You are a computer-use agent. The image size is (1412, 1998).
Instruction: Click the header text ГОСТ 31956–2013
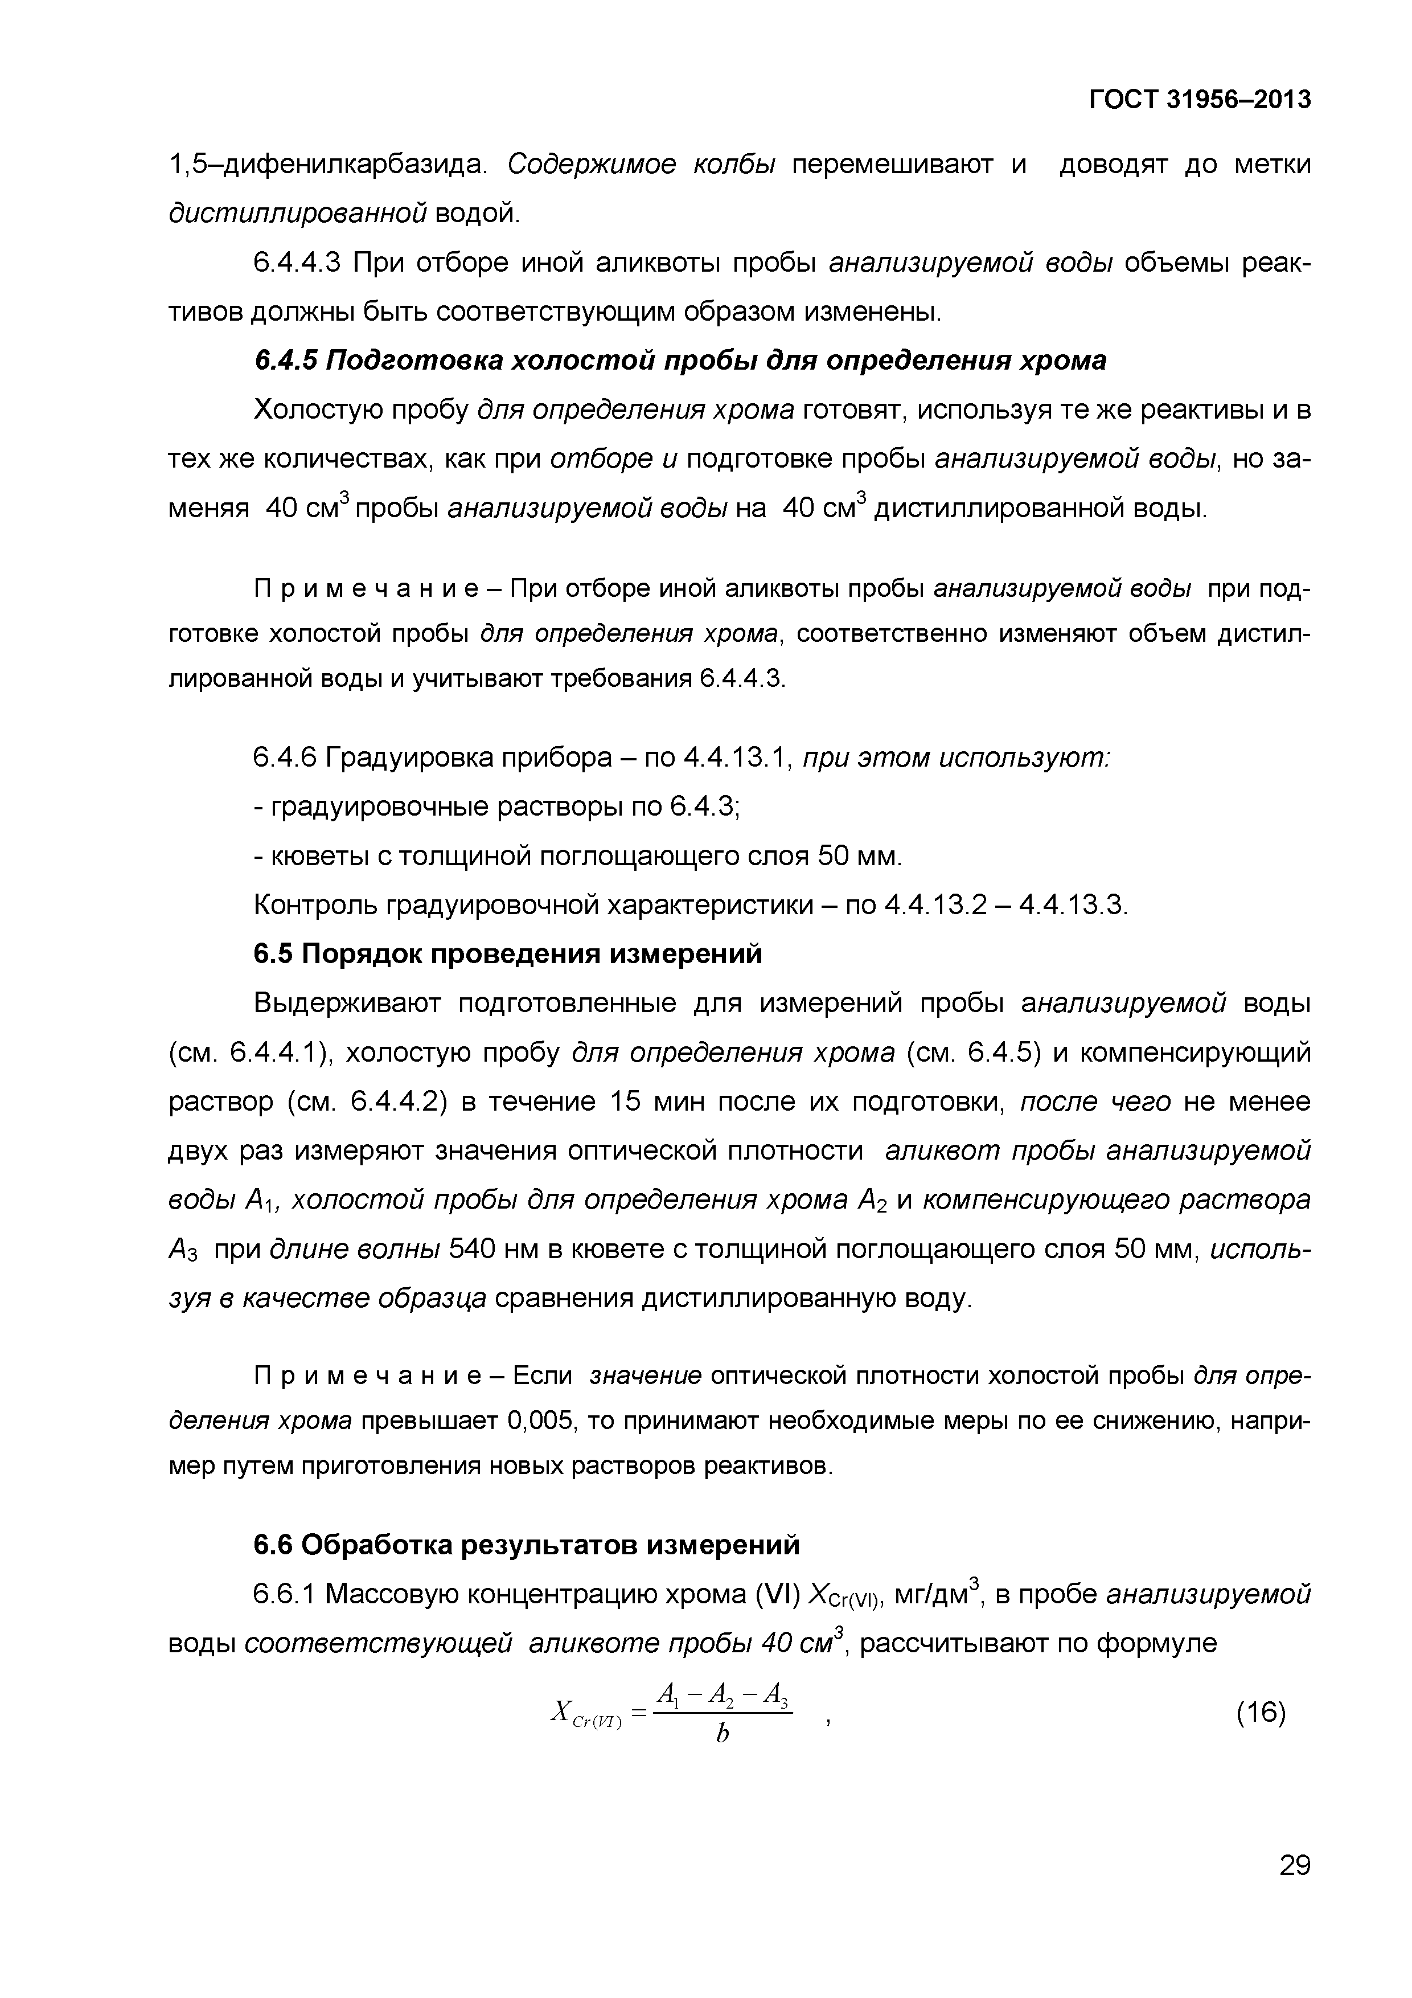click(1200, 101)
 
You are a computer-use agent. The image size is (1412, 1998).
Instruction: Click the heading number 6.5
click(272, 955)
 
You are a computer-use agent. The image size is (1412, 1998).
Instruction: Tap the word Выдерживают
click(347, 1004)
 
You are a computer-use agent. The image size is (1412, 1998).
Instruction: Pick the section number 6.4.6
click(284, 759)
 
